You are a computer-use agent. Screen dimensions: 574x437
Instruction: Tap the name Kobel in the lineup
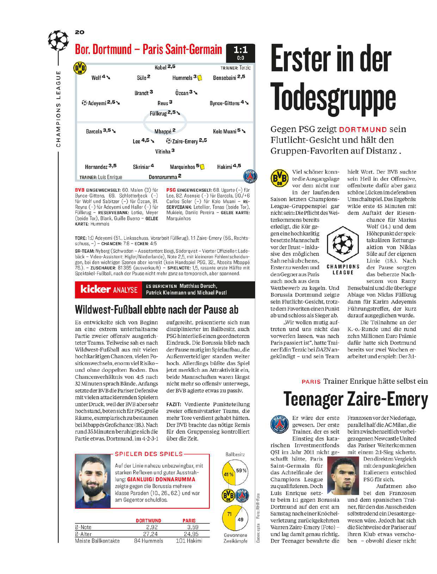click(x=161, y=67)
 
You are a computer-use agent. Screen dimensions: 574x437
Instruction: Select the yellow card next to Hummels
click(x=199, y=78)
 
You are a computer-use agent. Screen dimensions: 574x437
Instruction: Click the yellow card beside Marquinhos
click(x=202, y=167)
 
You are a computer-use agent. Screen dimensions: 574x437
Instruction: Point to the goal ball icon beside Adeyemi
click(x=84, y=103)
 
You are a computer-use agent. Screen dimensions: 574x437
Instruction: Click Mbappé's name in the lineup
click(x=163, y=131)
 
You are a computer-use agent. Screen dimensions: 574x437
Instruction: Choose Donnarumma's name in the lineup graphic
click(x=162, y=177)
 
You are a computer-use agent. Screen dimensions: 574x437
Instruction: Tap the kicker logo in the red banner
click(x=96, y=289)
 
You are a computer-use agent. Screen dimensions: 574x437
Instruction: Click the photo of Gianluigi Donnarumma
click(x=93, y=481)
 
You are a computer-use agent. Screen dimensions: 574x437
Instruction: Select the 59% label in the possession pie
click(x=241, y=471)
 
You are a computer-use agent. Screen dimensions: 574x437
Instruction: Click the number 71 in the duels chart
click(x=229, y=514)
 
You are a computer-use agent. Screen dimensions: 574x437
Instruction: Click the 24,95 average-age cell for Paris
click(x=191, y=534)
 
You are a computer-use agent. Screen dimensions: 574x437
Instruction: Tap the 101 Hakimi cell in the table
click(x=189, y=541)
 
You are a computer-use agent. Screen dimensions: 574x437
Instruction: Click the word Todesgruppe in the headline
click(x=333, y=98)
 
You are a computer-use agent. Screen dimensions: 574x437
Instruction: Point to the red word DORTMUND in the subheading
click(x=363, y=130)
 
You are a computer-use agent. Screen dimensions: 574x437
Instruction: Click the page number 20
click(x=80, y=32)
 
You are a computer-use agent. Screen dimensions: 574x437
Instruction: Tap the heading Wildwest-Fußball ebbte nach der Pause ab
click(x=157, y=310)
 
